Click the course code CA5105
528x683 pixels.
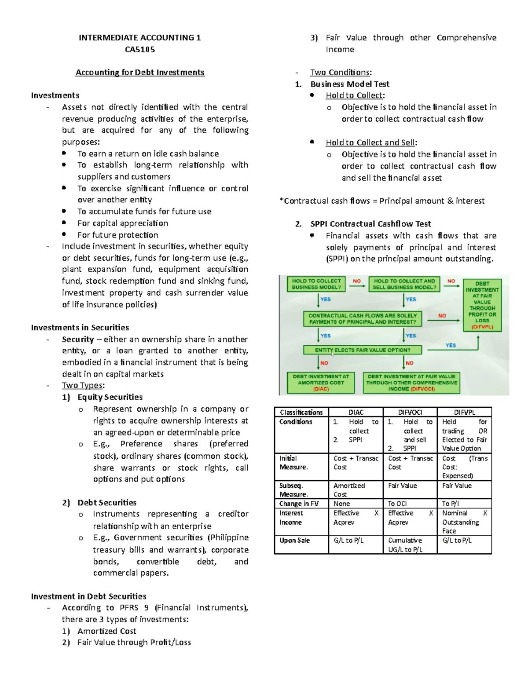click(x=139, y=49)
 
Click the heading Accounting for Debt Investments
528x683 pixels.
click(x=139, y=72)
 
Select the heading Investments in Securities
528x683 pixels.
click(x=80, y=327)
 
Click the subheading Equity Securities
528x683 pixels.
click(x=110, y=397)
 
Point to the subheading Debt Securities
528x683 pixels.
click(x=106, y=502)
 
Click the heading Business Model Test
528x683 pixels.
click(x=350, y=84)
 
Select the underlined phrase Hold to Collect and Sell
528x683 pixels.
click(x=370, y=142)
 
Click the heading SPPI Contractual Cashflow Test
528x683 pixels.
click(x=370, y=223)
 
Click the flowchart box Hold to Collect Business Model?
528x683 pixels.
click(x=316, y=284)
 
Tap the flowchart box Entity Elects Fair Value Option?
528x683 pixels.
click(x=363, y=350)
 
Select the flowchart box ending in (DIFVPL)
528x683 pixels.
click(x=482, y=305)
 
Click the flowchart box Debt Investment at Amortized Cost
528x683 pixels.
click(x=321, y=383)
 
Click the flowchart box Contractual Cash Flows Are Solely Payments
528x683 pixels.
click(x=363, y=319)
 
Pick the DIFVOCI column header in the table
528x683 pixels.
click(x=410, y=412)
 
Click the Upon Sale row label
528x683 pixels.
click(x=294, y=540)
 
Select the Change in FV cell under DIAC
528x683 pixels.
click(x=356, y=504)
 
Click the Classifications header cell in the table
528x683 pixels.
click(x=301, y=412)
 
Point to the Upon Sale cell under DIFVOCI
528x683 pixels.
click(x=410, y=544)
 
